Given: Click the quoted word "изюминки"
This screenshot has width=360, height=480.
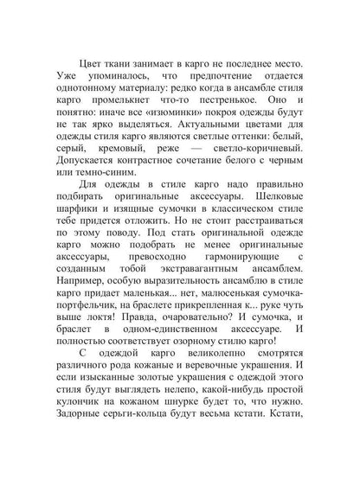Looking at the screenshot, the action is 162,124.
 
